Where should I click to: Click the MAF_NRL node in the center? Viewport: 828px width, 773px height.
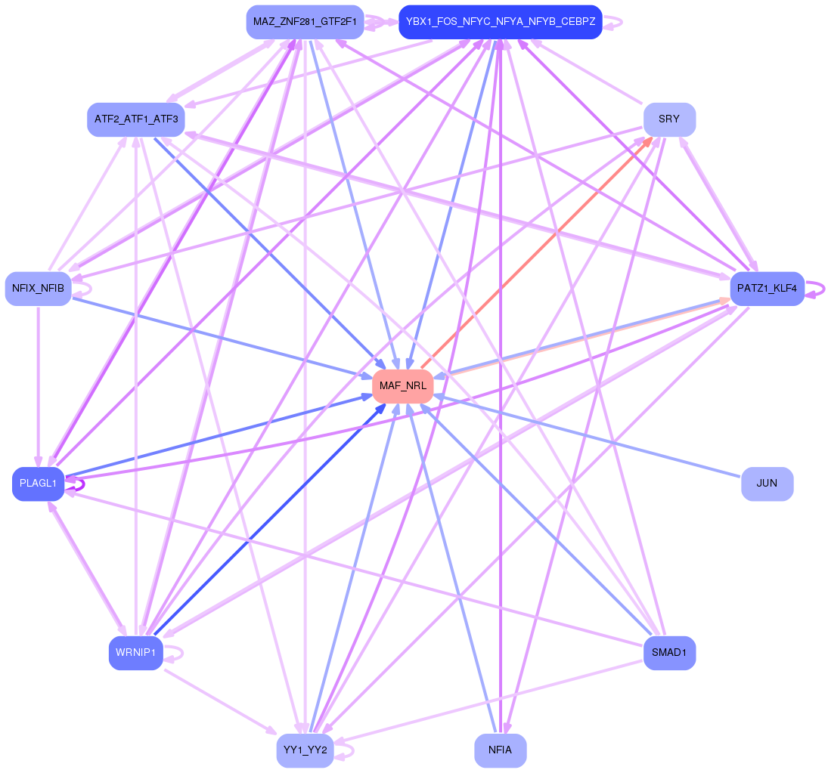402,386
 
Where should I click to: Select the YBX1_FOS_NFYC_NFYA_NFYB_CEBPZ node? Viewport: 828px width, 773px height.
500,22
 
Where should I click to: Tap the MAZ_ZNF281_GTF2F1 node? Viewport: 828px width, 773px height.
305,22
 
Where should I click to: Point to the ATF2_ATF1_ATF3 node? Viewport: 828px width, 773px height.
136,119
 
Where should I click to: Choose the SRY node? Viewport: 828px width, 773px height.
669,119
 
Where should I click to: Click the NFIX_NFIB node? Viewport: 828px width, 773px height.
38,289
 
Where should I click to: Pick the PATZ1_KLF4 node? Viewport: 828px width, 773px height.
767,289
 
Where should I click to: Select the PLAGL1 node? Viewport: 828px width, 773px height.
38,484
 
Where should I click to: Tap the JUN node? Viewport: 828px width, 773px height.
767,484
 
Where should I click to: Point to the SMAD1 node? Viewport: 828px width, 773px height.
669,653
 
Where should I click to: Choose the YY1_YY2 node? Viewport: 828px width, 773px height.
305,750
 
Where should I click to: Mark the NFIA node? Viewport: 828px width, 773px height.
500,750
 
